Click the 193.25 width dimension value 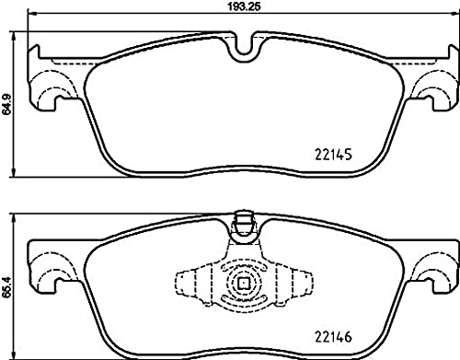coord(244,6)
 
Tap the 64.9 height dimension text coord(6,104)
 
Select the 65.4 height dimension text coord(6,286)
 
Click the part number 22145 coord(333,155)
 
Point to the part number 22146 coord(333,337)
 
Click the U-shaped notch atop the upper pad coord(244,48)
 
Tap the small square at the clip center coord(244,283)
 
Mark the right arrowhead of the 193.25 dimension coord(455,13)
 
